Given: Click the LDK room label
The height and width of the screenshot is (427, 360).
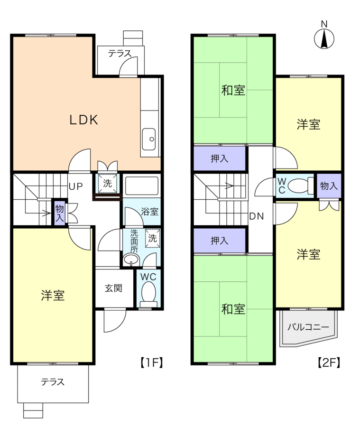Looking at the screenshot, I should pyautogui.click(x=84, y=120).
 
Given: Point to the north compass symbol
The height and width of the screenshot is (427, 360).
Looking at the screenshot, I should pyautogui.click(x=324, y=38).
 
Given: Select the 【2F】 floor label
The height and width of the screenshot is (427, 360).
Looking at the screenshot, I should pyautogui.click(x=328, y=363).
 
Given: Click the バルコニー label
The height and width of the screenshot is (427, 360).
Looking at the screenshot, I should pyautogui.click(x=308, y=327).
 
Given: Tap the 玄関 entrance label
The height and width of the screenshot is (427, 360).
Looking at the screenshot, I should pyautogui.click(x=114, y=288).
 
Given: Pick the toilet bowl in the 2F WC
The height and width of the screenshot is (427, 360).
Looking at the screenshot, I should pyautogui.click(x=299, y=185).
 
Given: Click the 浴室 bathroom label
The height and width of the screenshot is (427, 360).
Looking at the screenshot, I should pyautogui.click(x=150, y=212).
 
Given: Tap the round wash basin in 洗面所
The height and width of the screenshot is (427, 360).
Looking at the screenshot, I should pyautogui.click(x=131, y=259).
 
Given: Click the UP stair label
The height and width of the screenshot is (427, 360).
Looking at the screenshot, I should pyautogui.click(x=75, y=186).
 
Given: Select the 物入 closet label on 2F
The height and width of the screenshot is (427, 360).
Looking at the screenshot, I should pyautogui.click(x=329, y=186).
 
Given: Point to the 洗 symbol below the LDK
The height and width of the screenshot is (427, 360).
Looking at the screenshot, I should pyautogui.click(x=108, y=184).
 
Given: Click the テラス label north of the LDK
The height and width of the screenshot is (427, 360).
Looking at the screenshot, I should pyautogui.click(x=120, y=54).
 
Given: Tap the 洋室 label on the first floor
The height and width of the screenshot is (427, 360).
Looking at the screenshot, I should pyautogui.click(x=53, y=296).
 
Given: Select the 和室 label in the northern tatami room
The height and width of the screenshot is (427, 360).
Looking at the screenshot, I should pyautogui.click(x=233, y=90).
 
